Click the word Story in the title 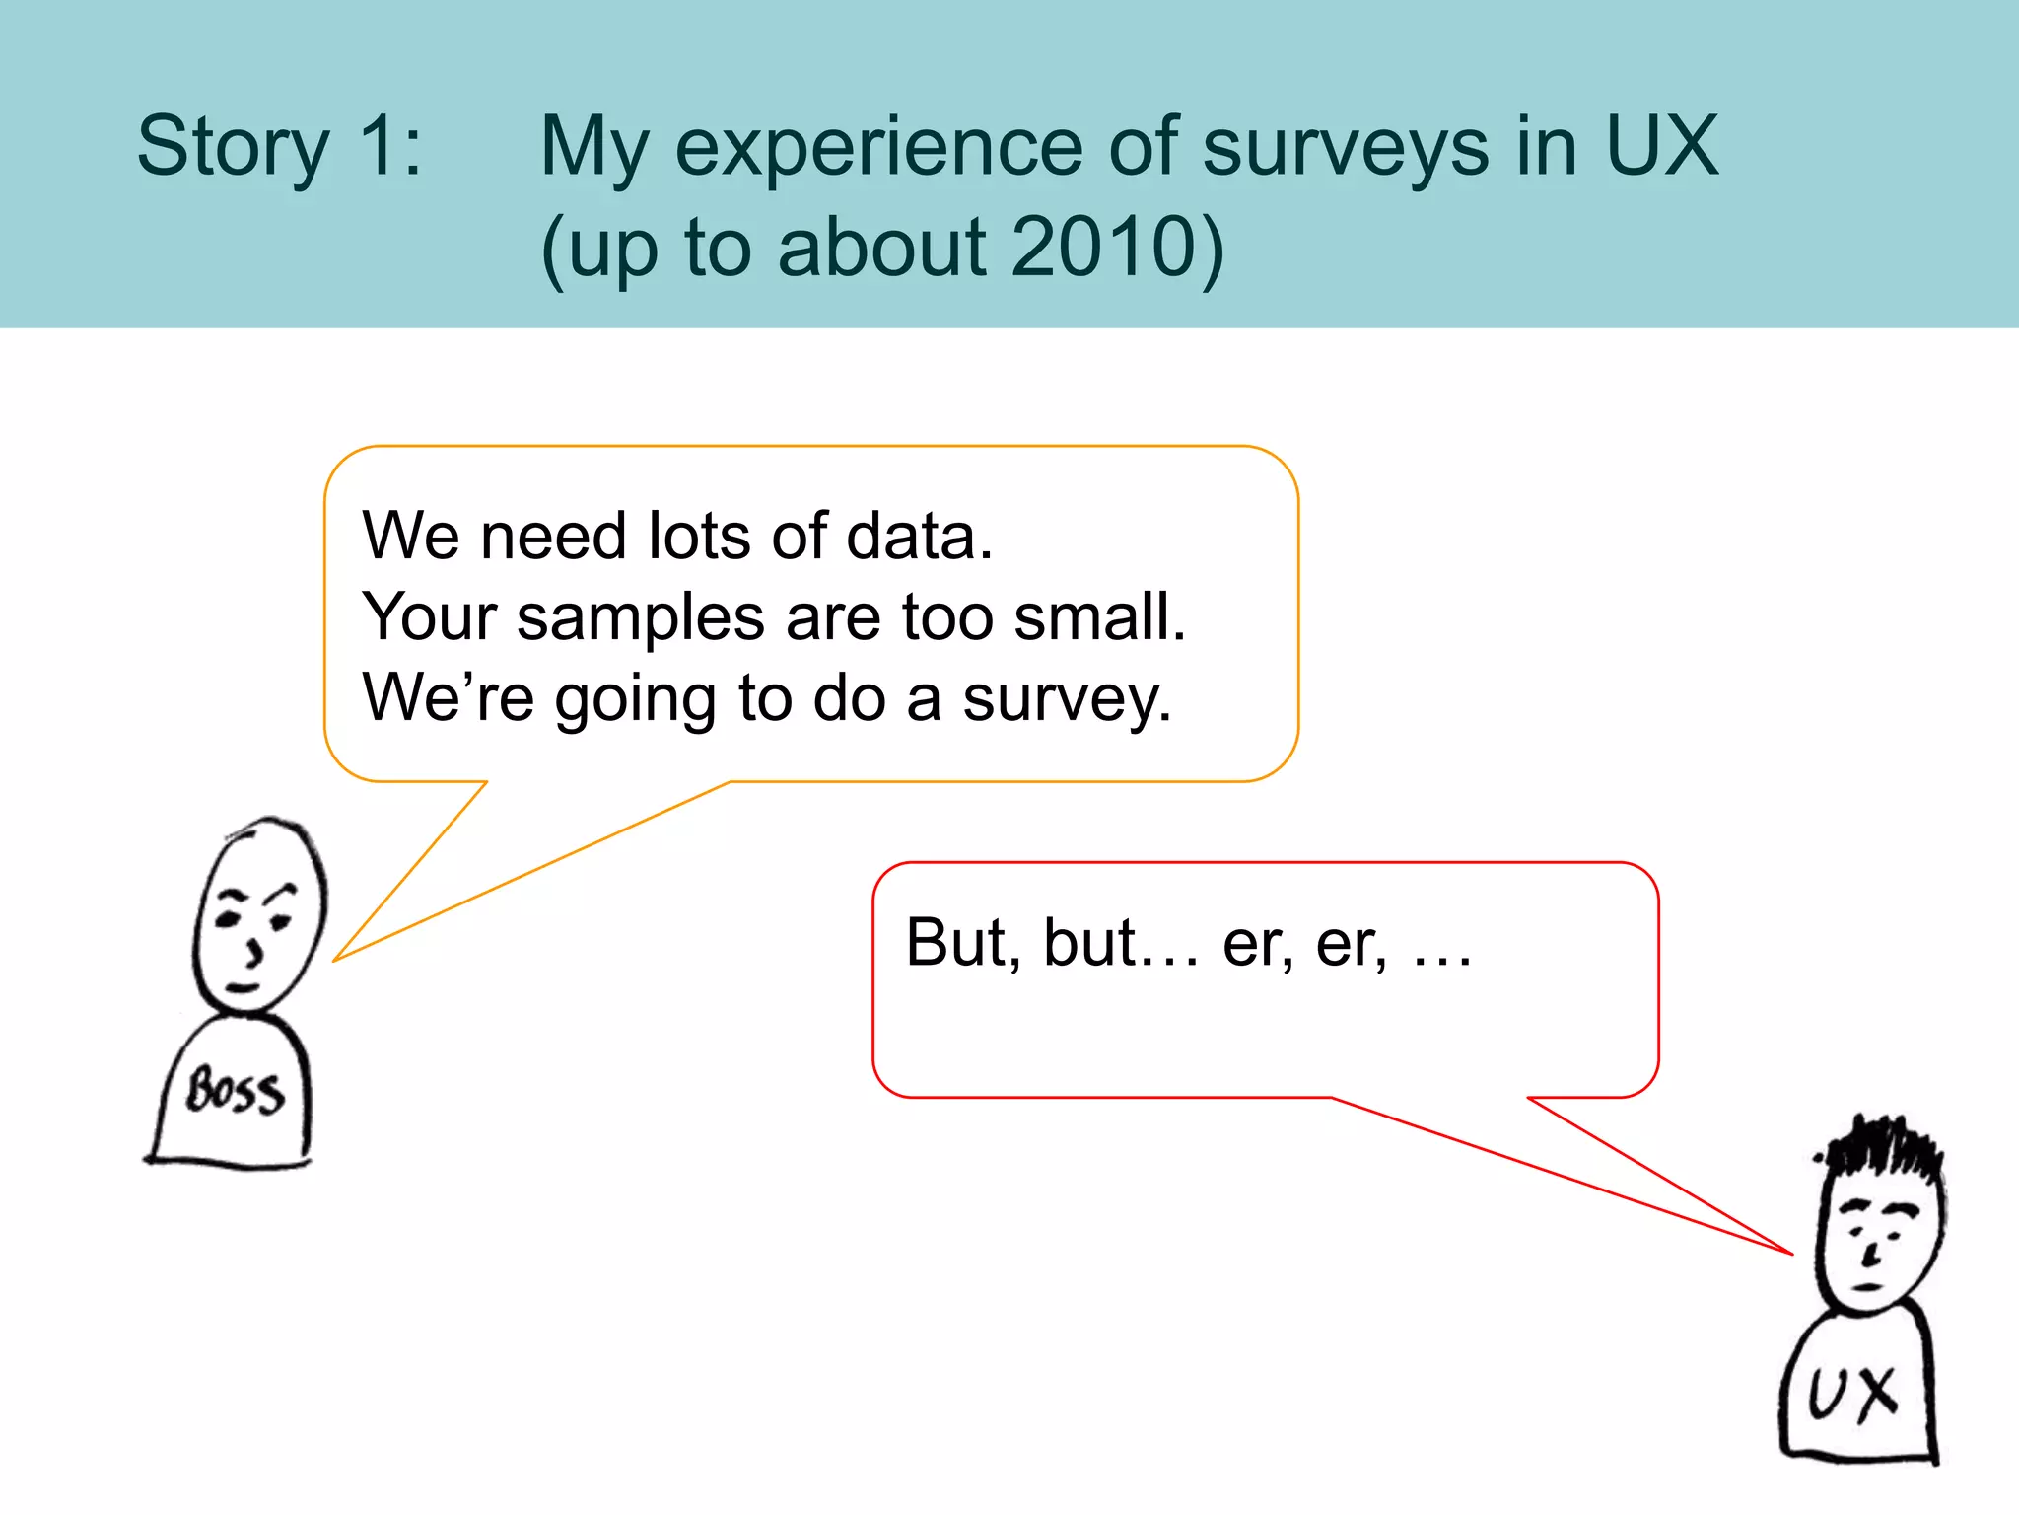coord(233,148)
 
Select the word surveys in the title coord(1345,148)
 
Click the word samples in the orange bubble coord(641,618)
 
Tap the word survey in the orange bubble coord(1067,699)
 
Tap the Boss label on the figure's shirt coord(237,1091)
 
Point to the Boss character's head coord(258,912)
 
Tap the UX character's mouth coord(1867,1287)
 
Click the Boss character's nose coord(255,952)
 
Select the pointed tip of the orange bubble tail coord(335,959)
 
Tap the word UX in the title coord(1662,148)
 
